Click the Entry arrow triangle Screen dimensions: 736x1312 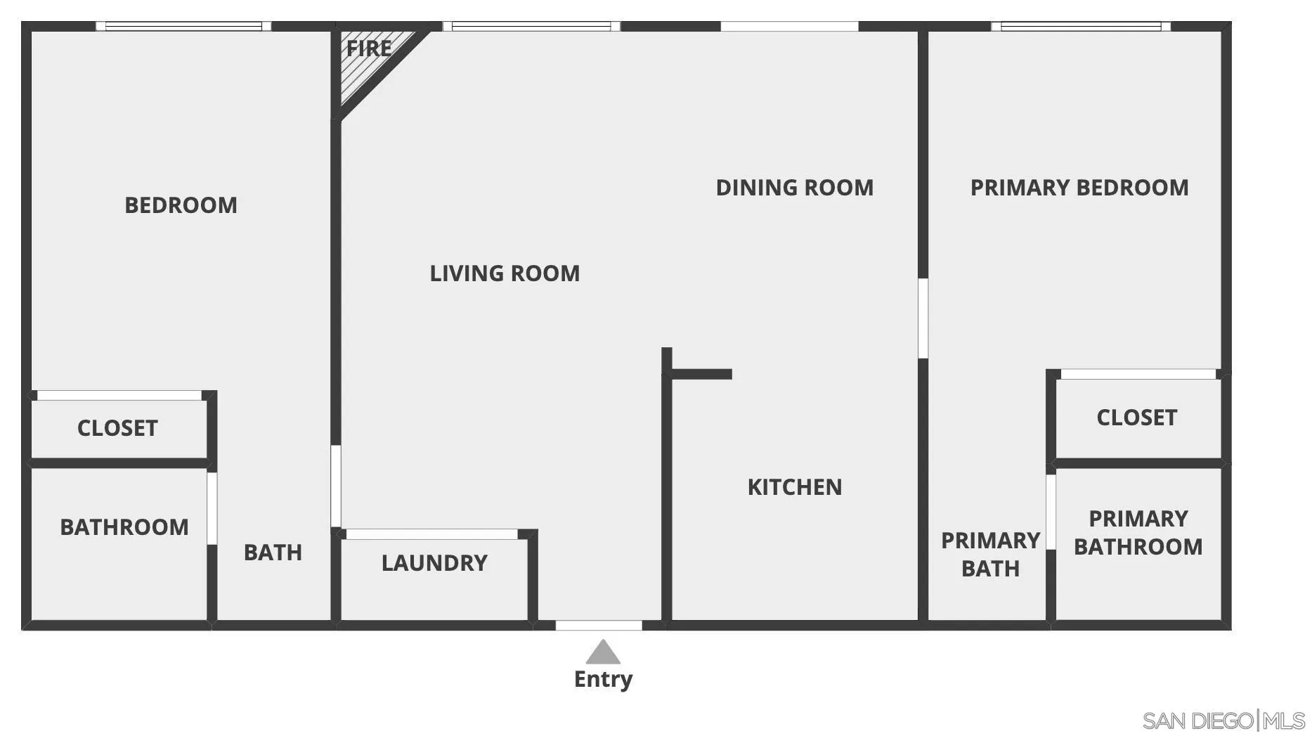pos(603,653)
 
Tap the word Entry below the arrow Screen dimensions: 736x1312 pos(603,679)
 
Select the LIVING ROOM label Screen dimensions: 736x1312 pos(505,273)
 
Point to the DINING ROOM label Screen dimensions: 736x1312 pos(794,188)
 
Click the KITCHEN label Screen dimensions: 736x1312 pos(794,487)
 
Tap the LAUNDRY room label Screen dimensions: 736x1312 pos(434,563)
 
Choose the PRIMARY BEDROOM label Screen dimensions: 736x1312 pos(1079,188)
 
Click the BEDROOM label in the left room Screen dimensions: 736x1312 pos(181,205)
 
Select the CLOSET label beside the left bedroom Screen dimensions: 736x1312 pos(117,428)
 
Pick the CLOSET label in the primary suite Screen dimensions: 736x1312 pos(1136,418)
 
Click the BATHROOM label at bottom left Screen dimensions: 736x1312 pos(124,527)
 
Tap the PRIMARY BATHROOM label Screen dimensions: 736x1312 pos(1138,533)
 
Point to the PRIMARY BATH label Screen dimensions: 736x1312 pos(990,555)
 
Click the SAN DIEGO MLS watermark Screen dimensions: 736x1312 pos(1223,721)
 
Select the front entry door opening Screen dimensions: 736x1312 pos(599,625)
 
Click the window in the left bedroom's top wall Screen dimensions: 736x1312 pos(183,27)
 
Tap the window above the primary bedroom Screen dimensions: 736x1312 pos(1081,27)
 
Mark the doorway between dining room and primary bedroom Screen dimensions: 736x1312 pos(923,318)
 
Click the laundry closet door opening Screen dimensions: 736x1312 pos(432,534)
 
